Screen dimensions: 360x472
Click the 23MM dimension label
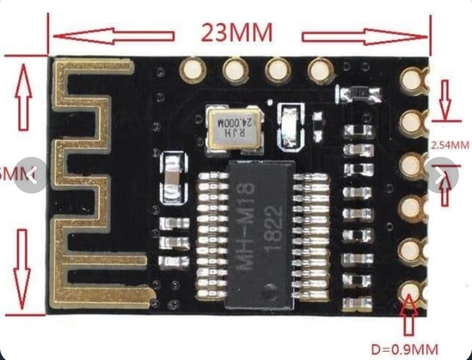pyautogui.click(x=237, y=32)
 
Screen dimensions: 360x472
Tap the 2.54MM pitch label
pyautogui.click(x=449, y=145)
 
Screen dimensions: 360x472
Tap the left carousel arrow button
pyautogui.click(x=31, y=175)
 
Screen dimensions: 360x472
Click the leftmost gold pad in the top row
pyautogui.click(x=192, y=68)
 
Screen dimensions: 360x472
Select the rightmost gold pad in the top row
pyautogui.click(x=319, y=69)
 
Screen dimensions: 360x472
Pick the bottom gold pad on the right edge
pyautogui.click(x=411, y=289)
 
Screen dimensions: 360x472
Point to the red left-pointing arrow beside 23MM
pyautogui.click(x=113, y=35)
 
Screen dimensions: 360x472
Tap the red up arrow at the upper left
pyautogui.click(x=24, y=95)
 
